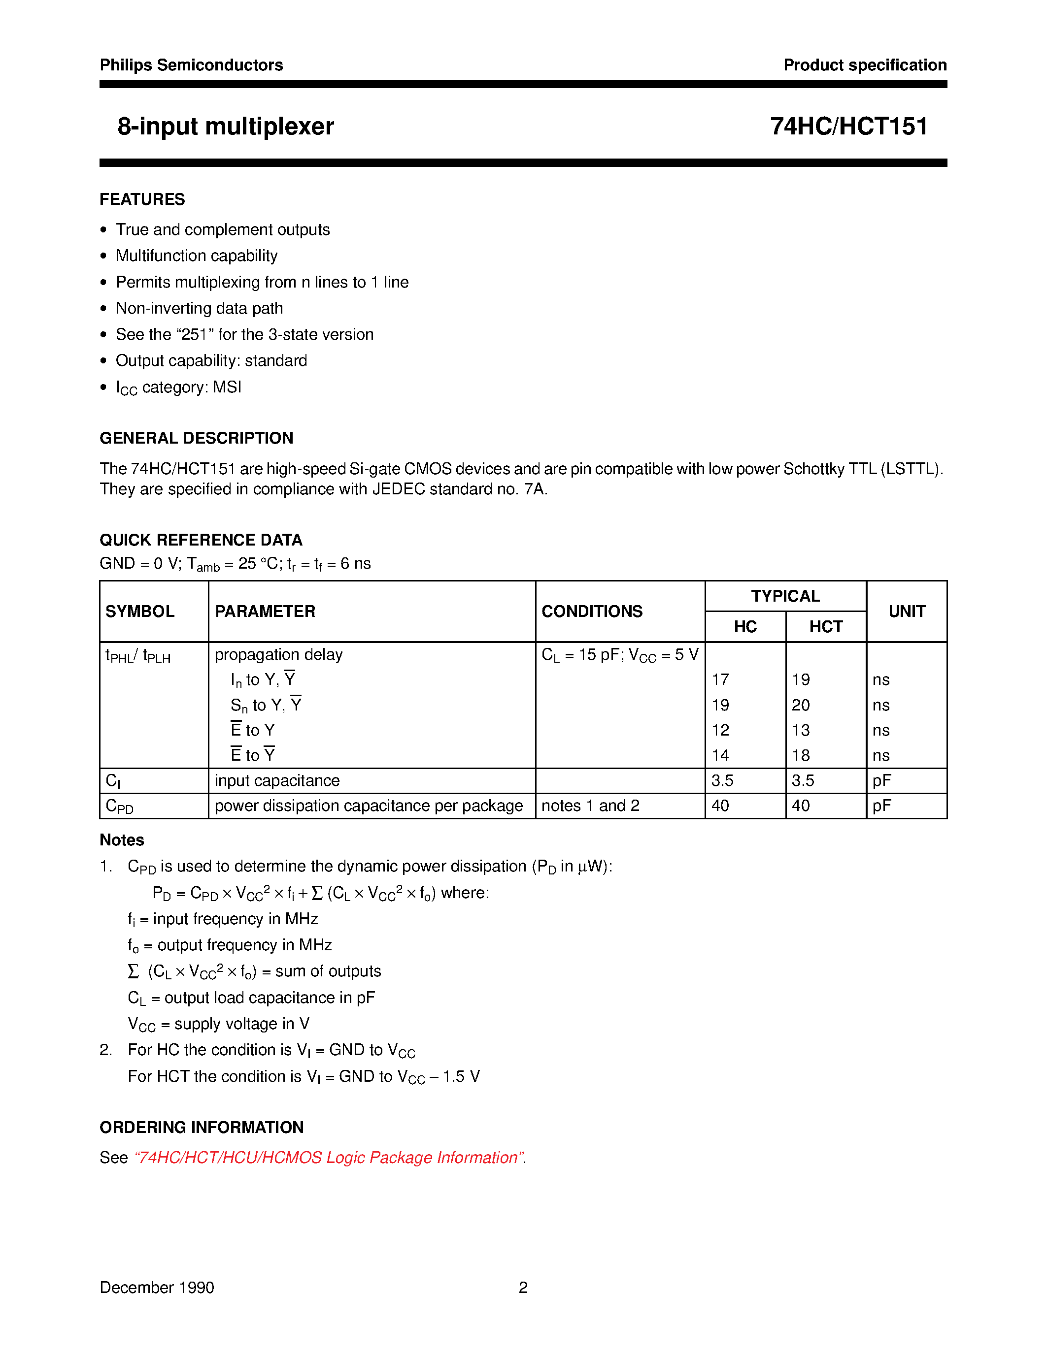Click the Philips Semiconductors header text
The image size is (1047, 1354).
tap(191, 65)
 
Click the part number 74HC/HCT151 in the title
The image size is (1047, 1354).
tap(848, 127)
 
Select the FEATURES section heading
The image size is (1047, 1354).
tap(142, 199)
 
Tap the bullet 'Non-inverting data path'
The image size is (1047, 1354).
tap(199, 308)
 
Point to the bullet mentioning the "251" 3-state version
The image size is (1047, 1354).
tap(244, 334)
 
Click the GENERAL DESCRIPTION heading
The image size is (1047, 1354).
tap(196, 438)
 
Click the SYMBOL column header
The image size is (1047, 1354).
tap(139, 612)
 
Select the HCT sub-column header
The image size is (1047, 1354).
tap(826, 627)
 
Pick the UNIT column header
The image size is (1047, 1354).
tap(906, 612)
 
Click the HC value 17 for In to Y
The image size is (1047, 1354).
tap(720, 680)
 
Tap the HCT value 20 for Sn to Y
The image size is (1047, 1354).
tap(801, 706)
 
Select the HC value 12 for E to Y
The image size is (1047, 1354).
tap(720, 730)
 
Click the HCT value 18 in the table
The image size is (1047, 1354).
tap(801, 756)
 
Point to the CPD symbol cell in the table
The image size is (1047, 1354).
tap(120, 806)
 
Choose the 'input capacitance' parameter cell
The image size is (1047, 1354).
tap(276, 780)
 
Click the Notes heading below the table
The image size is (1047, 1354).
tap(122, 840)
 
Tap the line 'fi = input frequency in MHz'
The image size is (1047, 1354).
tap(223, 919)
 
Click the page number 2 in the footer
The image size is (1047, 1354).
tap(523, 1288)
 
